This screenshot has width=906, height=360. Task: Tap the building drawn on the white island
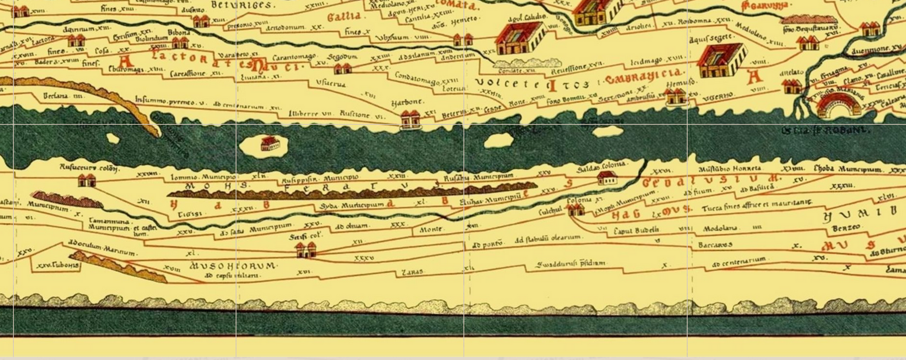coord(270,144)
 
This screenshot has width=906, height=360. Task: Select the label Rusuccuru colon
coord(89,168)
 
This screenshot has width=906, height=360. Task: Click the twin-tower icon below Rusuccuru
coord(87,181)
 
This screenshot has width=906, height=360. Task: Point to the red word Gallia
coord(344,17)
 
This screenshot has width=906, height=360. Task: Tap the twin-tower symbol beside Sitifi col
coord(306,251)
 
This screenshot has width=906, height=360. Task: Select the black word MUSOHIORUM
coord(233,266)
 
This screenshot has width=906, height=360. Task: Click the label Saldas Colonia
coord(601,167)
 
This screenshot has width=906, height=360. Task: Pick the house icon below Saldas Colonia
coord(607,179)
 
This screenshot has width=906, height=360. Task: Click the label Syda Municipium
coord(352,206)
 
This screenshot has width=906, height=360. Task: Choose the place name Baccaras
coord(715,245)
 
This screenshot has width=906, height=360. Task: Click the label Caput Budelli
coord(636,230)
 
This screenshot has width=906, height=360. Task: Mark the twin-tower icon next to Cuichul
coord(576,210)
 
